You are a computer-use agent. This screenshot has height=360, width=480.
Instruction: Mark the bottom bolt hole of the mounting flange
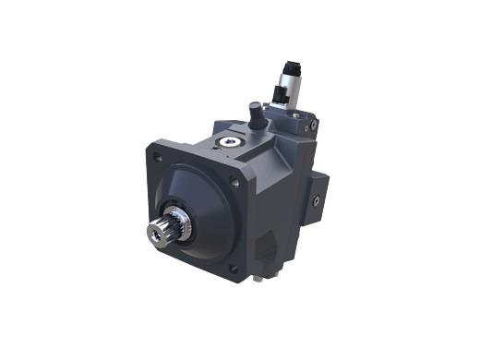233,269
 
